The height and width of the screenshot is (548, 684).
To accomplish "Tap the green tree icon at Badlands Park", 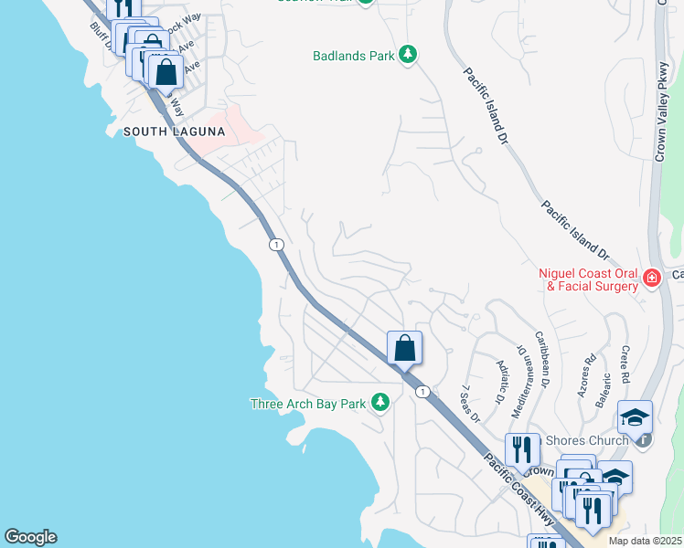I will coord(408,56).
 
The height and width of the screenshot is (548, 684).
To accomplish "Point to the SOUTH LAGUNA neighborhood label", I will coord(174,132).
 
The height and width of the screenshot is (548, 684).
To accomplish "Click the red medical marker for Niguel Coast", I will coord(651,278).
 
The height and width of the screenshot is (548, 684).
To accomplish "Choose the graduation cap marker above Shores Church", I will coord(635,417).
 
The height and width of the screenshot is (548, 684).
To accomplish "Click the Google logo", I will coord(30,537).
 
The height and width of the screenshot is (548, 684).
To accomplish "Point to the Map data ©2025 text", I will coord(646,541).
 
